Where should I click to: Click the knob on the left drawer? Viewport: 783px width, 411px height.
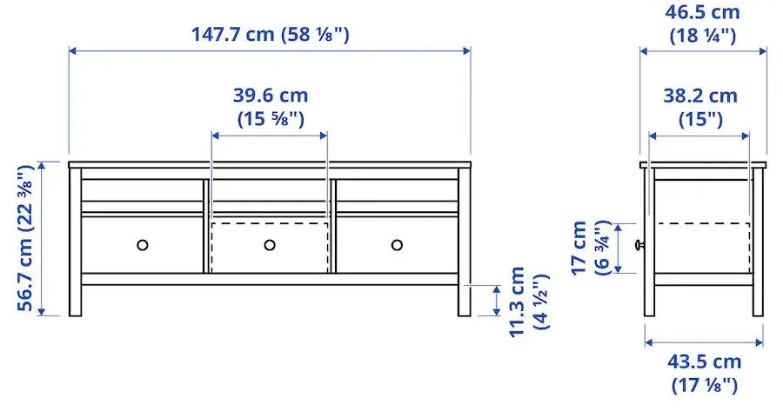click(143, 245)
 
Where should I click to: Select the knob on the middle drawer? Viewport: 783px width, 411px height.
click(270, 245)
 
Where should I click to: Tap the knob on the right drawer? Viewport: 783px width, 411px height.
click(398, 245)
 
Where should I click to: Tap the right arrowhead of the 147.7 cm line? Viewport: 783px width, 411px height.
click(468, 51)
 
